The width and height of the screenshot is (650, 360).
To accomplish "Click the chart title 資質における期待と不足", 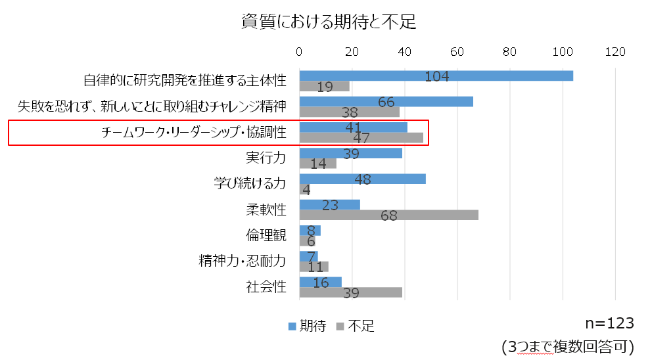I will [329, 22].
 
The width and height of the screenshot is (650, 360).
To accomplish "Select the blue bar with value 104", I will [436, 76].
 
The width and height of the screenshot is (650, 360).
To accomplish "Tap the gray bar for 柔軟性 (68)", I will [388, 215].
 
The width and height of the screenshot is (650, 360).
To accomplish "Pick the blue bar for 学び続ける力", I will [362, 179].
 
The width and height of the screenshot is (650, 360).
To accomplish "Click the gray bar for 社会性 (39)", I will [350, 292].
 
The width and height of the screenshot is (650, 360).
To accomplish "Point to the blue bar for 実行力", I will [350, 153].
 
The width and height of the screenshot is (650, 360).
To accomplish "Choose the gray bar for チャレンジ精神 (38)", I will [349, 112].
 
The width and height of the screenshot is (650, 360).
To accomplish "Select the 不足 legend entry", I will [356, 326].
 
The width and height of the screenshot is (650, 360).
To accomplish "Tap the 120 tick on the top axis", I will [615, 52].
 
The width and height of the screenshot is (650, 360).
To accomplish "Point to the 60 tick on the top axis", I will [457, 52].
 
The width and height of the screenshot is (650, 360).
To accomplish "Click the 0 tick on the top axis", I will [300, 52].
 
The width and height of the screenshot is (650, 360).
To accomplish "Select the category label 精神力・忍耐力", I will [243, 261].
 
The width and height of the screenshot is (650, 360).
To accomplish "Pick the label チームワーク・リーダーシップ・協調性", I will [194, 133].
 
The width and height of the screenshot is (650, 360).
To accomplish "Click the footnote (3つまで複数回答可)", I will [567, 346].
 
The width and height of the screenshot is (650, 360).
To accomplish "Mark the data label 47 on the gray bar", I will [361, 138].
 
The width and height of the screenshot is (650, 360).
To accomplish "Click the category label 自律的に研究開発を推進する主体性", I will [185, 81].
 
